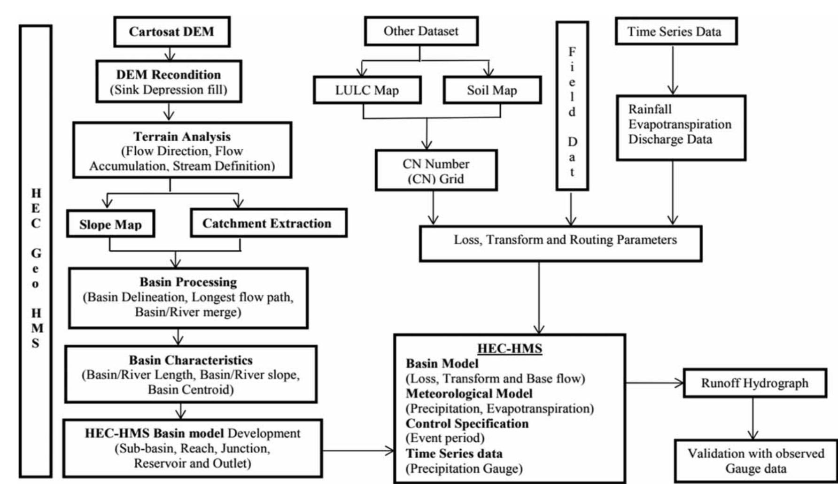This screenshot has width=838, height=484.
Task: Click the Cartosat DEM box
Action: click(x=171, y=32)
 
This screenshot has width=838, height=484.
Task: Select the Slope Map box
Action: click(x=110, y=224)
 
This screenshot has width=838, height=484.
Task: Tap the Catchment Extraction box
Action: click(x=268, y=223)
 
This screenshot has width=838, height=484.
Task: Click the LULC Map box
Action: click(x=367, y=90)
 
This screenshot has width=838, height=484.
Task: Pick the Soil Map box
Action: click(x=492, y=90)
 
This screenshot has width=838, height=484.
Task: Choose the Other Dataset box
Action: click(x=421, y=31)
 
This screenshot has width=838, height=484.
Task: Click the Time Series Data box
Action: click(x=675, y=32)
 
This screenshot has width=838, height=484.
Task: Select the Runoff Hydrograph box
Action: click(x=754, y=383)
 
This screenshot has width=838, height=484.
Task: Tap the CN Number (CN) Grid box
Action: click(x=436, y=171)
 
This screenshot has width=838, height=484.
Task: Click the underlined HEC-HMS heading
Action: click(x=510, y=348)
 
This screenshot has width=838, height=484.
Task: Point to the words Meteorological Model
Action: click(x=469, y=393)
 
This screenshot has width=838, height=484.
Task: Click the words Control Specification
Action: click(x=467, y=423)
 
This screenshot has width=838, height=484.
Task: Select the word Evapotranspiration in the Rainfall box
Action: click(x=680, y=124)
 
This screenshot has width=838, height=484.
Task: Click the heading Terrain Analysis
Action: click(x=182, y=137)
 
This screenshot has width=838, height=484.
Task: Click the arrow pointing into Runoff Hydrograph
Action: click(x=655, y=383)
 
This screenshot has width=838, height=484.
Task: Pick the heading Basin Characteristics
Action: click(x=191, y=360)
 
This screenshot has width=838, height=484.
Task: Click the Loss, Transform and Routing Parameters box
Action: click(x=560, y=244)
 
